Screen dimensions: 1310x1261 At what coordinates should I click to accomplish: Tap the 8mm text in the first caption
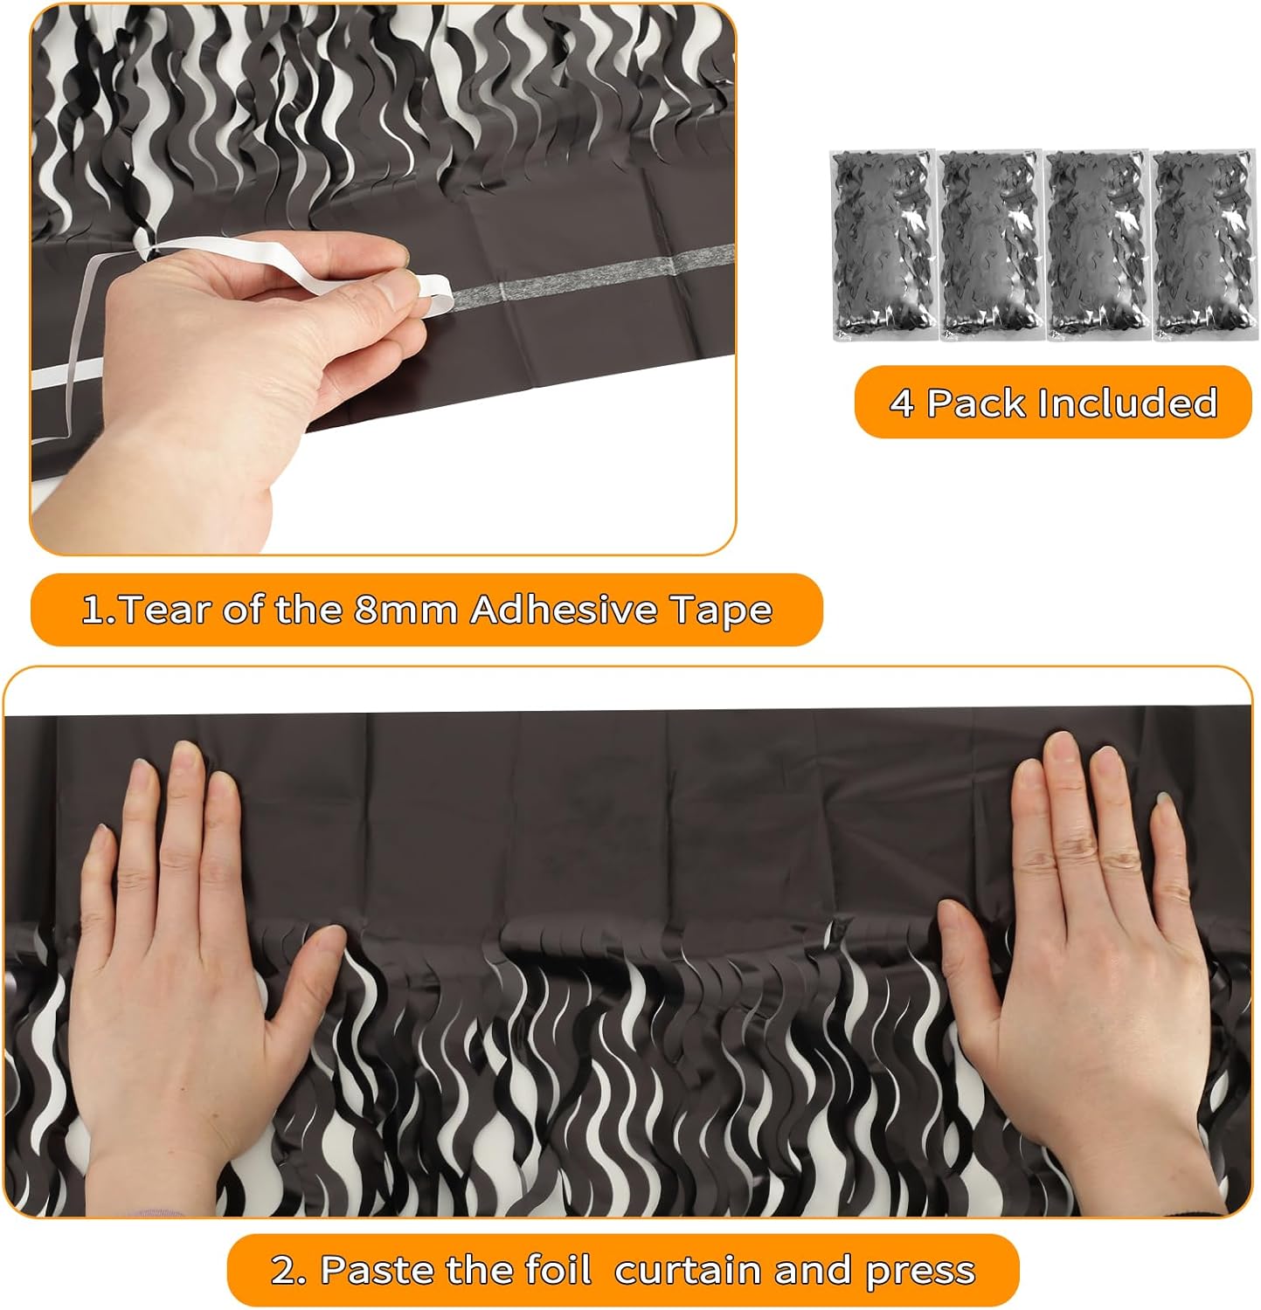point(405,610)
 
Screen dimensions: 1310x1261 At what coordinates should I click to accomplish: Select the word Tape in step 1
point(721,610)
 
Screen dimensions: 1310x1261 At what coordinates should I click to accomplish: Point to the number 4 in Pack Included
point(901,403)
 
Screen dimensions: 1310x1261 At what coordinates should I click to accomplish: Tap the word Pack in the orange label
point(975,403)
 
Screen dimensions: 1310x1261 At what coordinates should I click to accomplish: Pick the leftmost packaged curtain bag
point(883,245)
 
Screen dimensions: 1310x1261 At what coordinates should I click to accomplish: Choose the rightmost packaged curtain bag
point(1202,245)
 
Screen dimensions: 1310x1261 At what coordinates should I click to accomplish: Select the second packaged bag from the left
point(989,245)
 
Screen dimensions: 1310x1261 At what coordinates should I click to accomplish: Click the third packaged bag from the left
point(1096,245)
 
